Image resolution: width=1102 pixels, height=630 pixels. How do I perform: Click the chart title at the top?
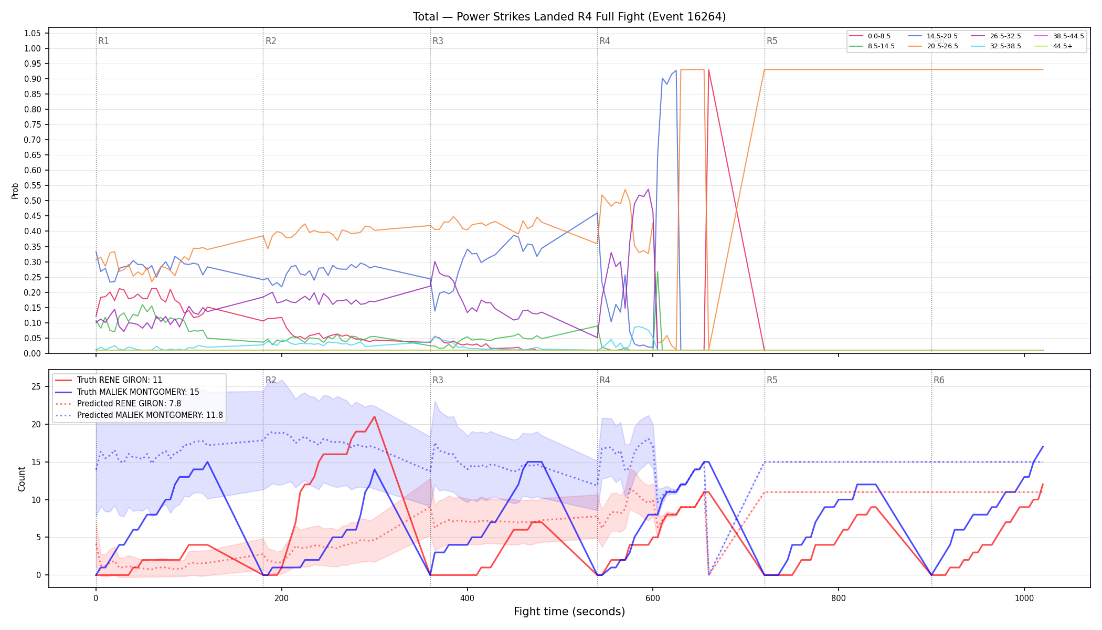coord(569,17)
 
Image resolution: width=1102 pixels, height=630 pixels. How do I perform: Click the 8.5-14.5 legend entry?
coord(872,46)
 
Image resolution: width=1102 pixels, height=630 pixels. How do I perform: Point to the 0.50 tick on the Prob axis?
coord(33,201)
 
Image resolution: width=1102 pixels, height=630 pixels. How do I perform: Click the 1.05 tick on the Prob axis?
coord(33,33)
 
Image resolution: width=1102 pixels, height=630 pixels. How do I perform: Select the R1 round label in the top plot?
coord(103,41)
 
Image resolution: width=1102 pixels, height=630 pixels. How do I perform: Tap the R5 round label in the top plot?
coord(772,41)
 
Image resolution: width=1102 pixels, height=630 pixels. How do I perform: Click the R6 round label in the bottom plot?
coord(939,380)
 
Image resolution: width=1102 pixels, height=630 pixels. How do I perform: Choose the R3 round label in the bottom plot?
coord(438,380)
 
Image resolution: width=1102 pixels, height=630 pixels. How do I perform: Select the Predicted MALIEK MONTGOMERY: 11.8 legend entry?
coord(139,415)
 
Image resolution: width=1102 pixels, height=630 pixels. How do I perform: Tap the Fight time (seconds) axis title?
coord(569,612)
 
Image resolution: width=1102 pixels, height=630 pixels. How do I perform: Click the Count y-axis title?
coord(22,479)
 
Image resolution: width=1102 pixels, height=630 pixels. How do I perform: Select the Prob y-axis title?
coord(15,191)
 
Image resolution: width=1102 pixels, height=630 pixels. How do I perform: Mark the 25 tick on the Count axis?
coord(36,387)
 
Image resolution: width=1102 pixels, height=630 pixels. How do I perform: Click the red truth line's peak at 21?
coord(374,417)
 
